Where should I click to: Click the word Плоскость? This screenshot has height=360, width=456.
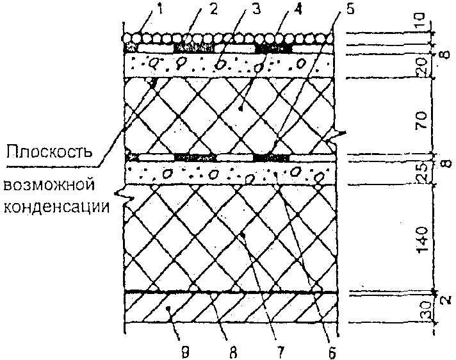[x=49, y=153]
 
